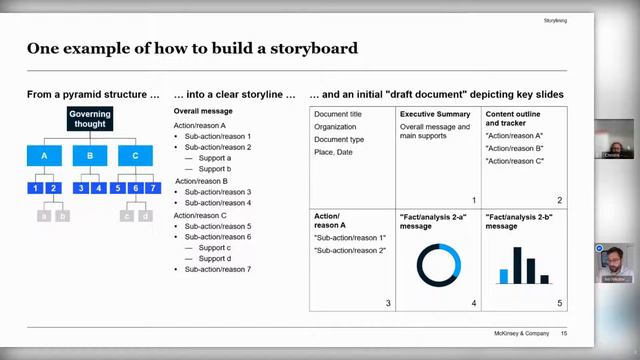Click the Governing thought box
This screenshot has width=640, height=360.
click(90, 120)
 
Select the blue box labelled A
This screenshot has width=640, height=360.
click(44, 156)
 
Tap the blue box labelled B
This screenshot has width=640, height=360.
click(90, 156)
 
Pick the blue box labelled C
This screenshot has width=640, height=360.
click(136, 156)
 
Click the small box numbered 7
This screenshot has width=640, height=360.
click(152, 188)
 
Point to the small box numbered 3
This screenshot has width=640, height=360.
click(82, 188)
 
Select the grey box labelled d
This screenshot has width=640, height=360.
click(145, 215)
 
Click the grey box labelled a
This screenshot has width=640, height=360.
click(43, 215)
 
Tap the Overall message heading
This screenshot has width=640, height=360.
click(203, 112)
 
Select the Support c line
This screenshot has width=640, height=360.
click(214, 247)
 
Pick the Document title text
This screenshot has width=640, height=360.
click(339, 114)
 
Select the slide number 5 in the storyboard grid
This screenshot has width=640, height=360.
click(560, 302)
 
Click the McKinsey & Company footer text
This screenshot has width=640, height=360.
click(520, 333)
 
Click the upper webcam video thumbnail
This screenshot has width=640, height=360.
click(613, 139)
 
